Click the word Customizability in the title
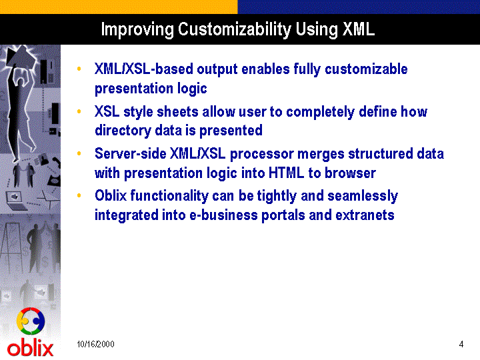coord(234,30)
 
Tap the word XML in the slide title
coord(359,29)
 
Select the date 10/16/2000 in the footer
coord(95,344)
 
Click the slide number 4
coord(461,344)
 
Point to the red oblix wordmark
coord(30,349)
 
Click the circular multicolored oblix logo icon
coord(31,321)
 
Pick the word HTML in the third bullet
coord(286,173)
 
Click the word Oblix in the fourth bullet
coord(111,195)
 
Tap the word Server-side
coord(131,153)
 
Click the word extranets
coord(365,215)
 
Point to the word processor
coord(262,154)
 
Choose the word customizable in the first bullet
coord(366,69)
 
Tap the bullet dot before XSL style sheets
coord(79,111)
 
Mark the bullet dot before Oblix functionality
coord(79,195)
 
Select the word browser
coord(350,173)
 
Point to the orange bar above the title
coord(119,7)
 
